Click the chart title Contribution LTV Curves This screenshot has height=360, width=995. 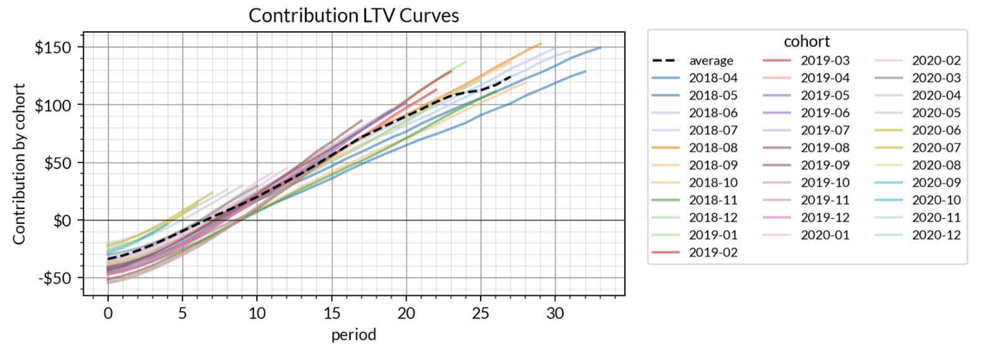[x=353, y=16]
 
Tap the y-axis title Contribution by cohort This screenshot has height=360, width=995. [x=19, y=164]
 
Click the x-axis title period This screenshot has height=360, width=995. [x=353, y=335]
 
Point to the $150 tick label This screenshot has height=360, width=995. [x=53, y=47]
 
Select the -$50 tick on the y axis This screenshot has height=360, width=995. [x=55, y=278]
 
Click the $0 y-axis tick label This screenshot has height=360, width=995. [x=62, y=221]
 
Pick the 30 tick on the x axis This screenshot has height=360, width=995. [x=555, y=313]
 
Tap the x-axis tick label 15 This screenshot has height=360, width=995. [x=331, y=313]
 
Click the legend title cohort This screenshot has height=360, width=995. [x=807, y=42]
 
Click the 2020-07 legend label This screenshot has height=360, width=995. [x=936, y=148]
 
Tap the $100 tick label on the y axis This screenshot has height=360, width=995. [x=53, y=105]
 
